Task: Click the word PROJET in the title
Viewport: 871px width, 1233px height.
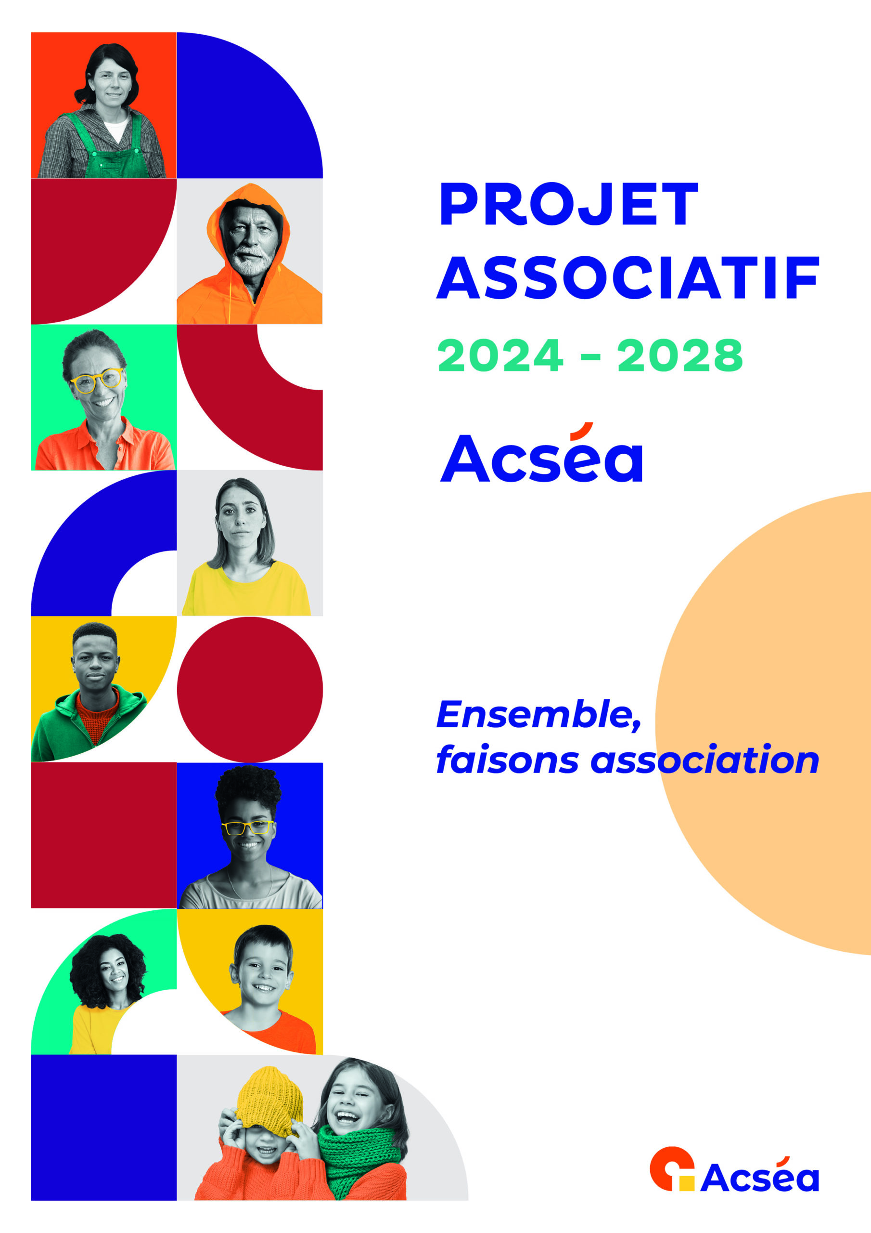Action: (x=568, y=204)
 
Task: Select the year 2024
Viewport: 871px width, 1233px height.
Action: (x=500, y=355)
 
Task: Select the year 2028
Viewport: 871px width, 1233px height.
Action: (x=680, y=355)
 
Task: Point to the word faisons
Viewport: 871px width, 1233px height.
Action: (x=508, y=760)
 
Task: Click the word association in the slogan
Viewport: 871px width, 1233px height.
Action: (x=704, y=760)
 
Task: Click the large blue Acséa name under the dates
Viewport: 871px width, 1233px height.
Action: (x=541, y=452)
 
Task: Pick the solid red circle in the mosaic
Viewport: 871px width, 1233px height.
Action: (x=250, y=690)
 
